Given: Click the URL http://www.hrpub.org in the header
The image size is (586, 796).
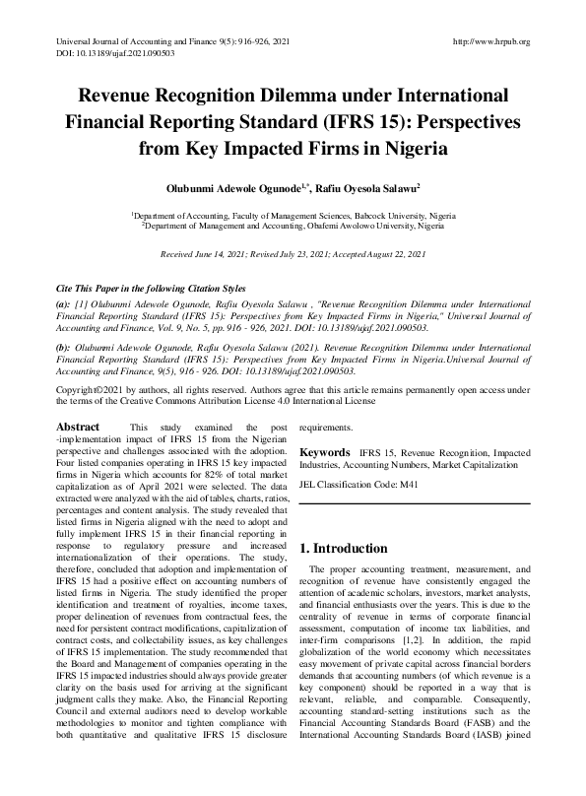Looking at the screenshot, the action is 489,41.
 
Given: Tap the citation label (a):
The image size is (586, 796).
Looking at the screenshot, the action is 63,305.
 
